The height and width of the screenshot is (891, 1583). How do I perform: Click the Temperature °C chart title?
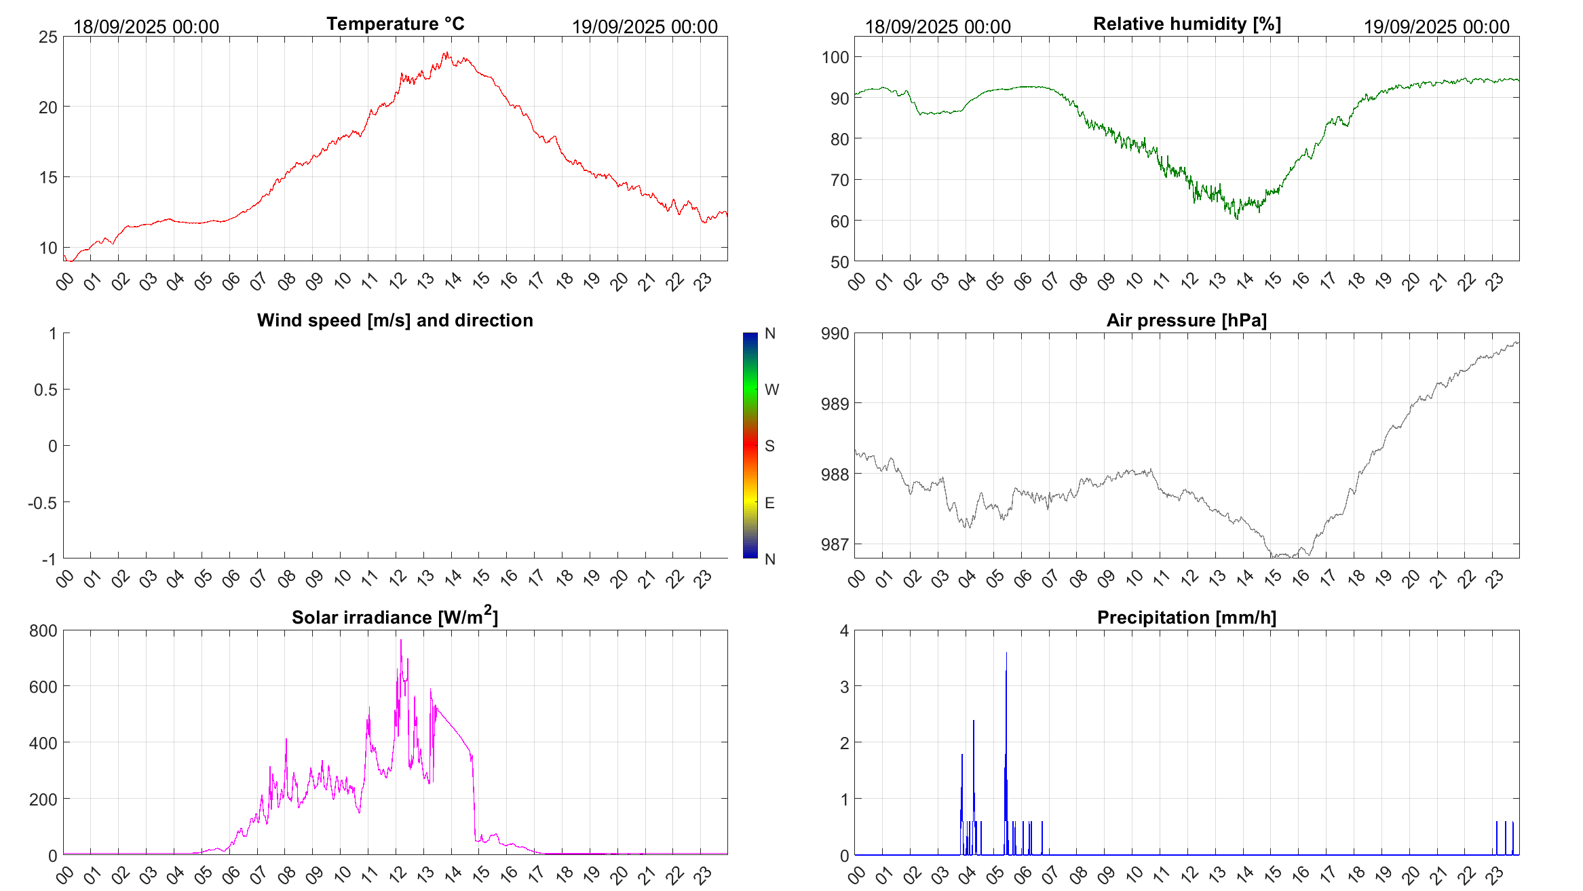click(x=396, y=24)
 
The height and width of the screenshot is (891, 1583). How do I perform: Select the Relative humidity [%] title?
click(x=1187, y=24)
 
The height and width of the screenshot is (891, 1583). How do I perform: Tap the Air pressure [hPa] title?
click(x=1187, y=320)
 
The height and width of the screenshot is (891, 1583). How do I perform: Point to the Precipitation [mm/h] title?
click(x=1187, y=618)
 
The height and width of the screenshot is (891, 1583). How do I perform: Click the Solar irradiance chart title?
click(x=395, y=617)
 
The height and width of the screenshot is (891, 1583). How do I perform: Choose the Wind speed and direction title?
click(x=395, y=320)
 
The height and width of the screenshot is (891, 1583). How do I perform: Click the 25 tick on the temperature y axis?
click(x=48, y=37)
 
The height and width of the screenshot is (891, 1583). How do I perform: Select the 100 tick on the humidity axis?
click(x=835, y=57)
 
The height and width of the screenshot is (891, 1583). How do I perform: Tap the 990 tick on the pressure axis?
click(x=835, y=333)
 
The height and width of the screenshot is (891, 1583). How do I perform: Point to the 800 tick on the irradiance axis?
click(x=43, y=630)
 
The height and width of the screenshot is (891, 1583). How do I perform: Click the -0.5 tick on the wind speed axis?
click(x=43, y=503)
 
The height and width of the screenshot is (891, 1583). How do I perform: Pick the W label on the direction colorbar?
click(x=771, y=390)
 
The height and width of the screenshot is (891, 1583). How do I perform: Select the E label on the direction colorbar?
click(x=769, y=503)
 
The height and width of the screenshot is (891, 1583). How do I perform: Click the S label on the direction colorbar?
click(x=769, y=446)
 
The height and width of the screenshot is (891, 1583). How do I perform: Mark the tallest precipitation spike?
click(x=1006, y=653)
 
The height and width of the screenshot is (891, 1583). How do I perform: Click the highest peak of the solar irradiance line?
click(x=400, y=640)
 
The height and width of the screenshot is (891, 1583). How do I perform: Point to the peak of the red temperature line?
click(x=446, y=52)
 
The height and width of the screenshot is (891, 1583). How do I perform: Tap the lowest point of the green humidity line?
click(x=1237, y=219)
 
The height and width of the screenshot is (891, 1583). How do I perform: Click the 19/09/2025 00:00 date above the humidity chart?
click(x=1436, y=27)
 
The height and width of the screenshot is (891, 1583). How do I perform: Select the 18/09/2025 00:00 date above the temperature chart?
click(x=146, y=27)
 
